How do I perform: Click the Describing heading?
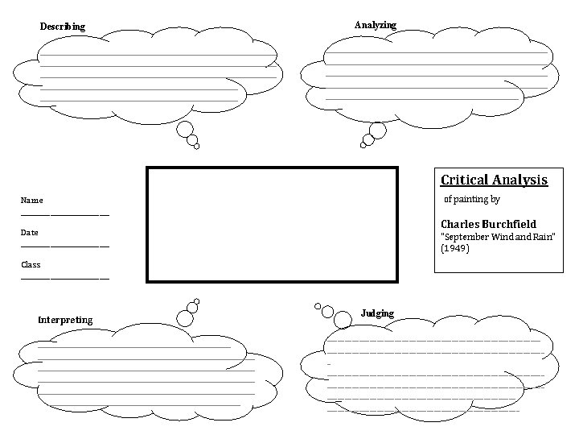click(x=62, y=27)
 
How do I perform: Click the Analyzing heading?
click(x=376, y=25)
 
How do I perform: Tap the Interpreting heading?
click(x=65, y=320)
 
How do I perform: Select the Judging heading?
click(x=377, y=313)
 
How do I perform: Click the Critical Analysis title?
click(x=494, y=180)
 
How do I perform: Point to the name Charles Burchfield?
click(x=488, y=224)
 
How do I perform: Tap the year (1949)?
click(x=455, y=248)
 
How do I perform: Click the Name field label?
click(x=32, y=200)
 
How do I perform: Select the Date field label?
click(x=30, y=232)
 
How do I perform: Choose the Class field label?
click(x=31, y=264)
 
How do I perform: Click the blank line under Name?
click(x=64, y=214)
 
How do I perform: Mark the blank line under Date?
click(x=64, y=246)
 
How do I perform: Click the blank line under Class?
click(x=64, y=278)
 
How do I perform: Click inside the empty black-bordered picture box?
click(x=272, y=224)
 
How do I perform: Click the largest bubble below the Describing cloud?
click(x=185, y=129)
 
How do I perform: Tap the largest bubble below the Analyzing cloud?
click(x=376, y=130)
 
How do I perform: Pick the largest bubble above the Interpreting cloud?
click(x=185, y=317)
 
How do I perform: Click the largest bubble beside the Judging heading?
click(x=342, y=320)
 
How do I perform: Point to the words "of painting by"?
click(x=472, y=199)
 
